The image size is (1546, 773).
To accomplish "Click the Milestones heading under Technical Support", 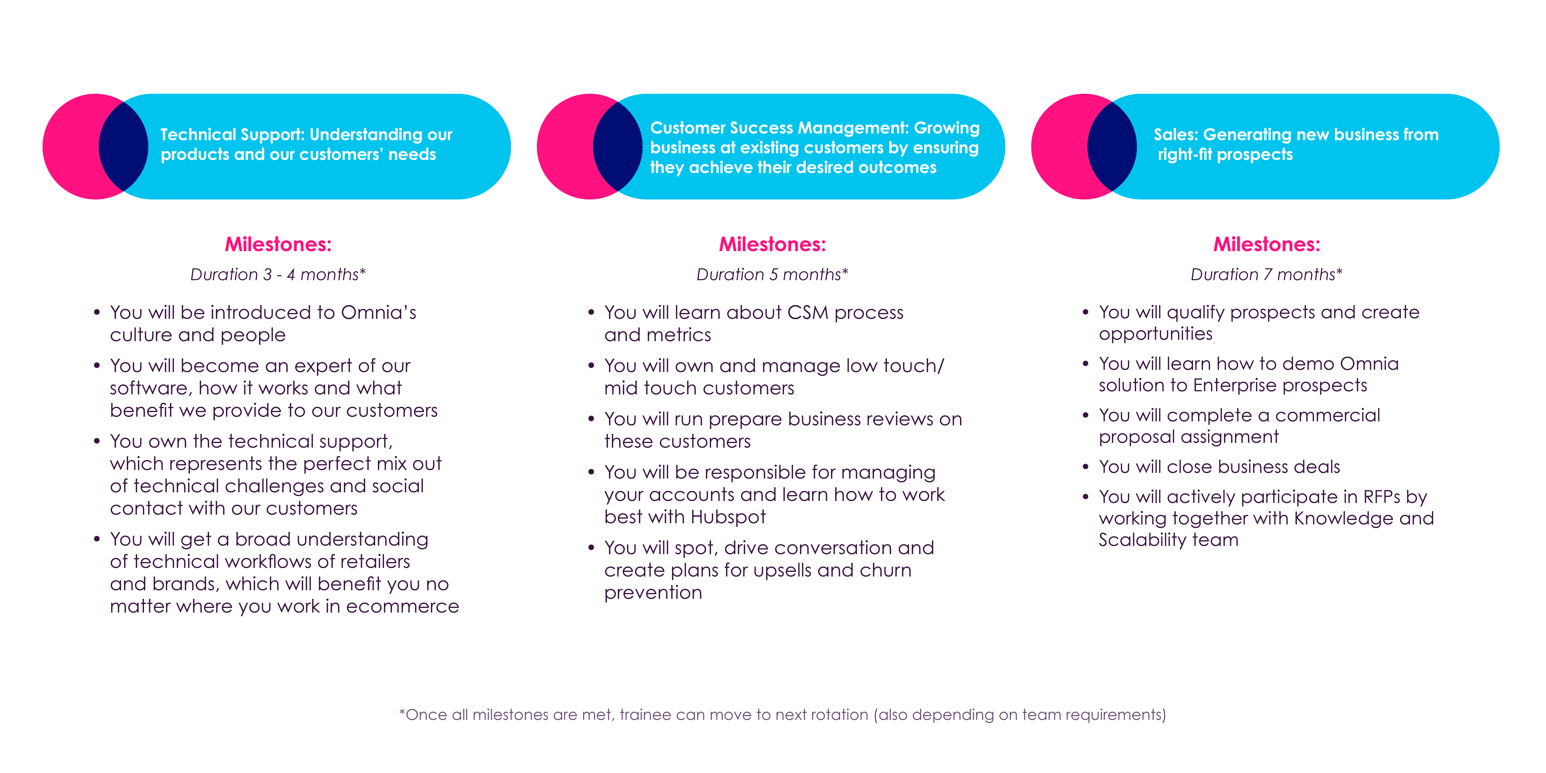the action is [x=278, y=244].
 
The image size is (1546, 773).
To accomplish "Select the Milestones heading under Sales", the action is [x=1266, y=244].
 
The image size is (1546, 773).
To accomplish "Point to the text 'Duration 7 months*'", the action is [x=1266, y=274].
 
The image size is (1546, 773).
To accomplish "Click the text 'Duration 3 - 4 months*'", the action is [x=278, y=274].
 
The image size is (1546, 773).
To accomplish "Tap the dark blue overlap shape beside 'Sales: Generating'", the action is [x=1112, y=146].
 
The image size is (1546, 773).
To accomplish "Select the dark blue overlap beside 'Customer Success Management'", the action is [x=618, y=146].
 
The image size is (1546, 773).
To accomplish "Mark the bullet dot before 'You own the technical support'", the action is [x=97, y=441].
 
